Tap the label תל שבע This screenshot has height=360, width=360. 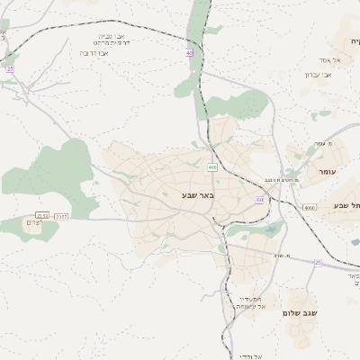pyautogui.click(x=346, y=206)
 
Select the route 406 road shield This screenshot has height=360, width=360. pyautogui.click(x=212, y=167)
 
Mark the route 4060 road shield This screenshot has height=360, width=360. pyautogui.click(x=310, y=207)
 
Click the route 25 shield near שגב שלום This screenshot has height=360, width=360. pyautogui.click(x=318, y=262)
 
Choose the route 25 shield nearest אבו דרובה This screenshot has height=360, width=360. pyautogui.click(x=10, y=68)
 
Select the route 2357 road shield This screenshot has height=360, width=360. pyautogui.click(x=62, y=216)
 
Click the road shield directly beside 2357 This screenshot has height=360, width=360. pyautogui.click(x=42, y=216)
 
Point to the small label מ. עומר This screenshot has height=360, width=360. pyautogui.click(x=323, y=143)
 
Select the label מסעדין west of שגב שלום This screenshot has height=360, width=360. pyautogui.click(x=251, y=299)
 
